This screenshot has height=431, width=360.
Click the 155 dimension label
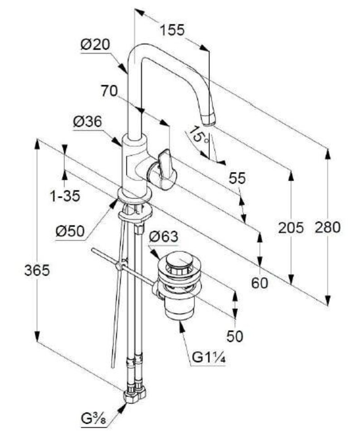172,30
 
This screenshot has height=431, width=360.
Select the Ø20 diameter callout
96,45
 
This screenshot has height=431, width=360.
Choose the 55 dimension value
237,178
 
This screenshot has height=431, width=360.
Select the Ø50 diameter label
70,231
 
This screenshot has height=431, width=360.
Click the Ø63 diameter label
163,237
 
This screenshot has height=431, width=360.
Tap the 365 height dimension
37,270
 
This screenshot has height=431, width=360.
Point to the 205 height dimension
291,228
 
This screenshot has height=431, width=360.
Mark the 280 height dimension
327,227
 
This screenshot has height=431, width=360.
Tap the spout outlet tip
209,120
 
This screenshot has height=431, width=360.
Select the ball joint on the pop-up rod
121,266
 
